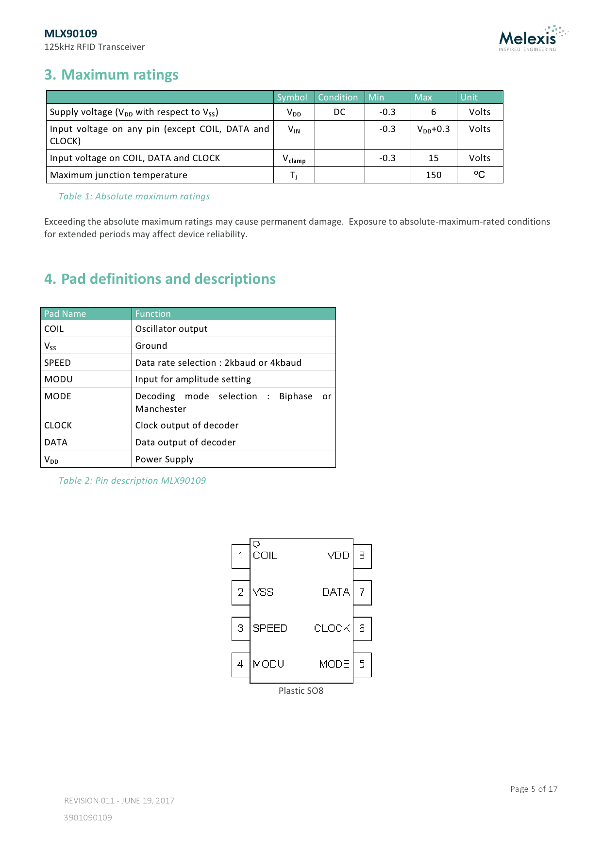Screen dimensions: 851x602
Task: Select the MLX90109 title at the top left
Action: coord(70,33)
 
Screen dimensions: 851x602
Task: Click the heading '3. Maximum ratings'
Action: coord(111,75)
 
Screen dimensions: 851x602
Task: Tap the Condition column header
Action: coord(338,97)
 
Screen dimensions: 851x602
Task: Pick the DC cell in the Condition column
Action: coord(339,112)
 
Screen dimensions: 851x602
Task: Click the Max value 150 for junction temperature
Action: coord(433,175)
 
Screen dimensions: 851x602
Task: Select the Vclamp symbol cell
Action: coord(294,159)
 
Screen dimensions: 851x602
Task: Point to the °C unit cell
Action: coord(479,175)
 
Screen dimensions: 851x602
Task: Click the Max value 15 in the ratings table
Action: coord(433,158)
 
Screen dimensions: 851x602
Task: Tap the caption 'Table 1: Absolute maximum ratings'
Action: coord(134,196)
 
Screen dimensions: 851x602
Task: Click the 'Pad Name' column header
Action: coord(65,314)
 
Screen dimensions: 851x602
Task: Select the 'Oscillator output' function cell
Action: coord(171,329)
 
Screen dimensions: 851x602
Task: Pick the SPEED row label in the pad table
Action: coord(57,363)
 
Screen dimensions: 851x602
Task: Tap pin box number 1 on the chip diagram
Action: coord(240,556)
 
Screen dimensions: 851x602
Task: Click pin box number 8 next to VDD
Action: coord(362,556)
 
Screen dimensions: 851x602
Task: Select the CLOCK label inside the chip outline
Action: coord(332,628)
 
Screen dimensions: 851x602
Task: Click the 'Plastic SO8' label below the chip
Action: coord(301,691)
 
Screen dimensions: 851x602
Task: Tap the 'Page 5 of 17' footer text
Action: coord(534,789)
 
